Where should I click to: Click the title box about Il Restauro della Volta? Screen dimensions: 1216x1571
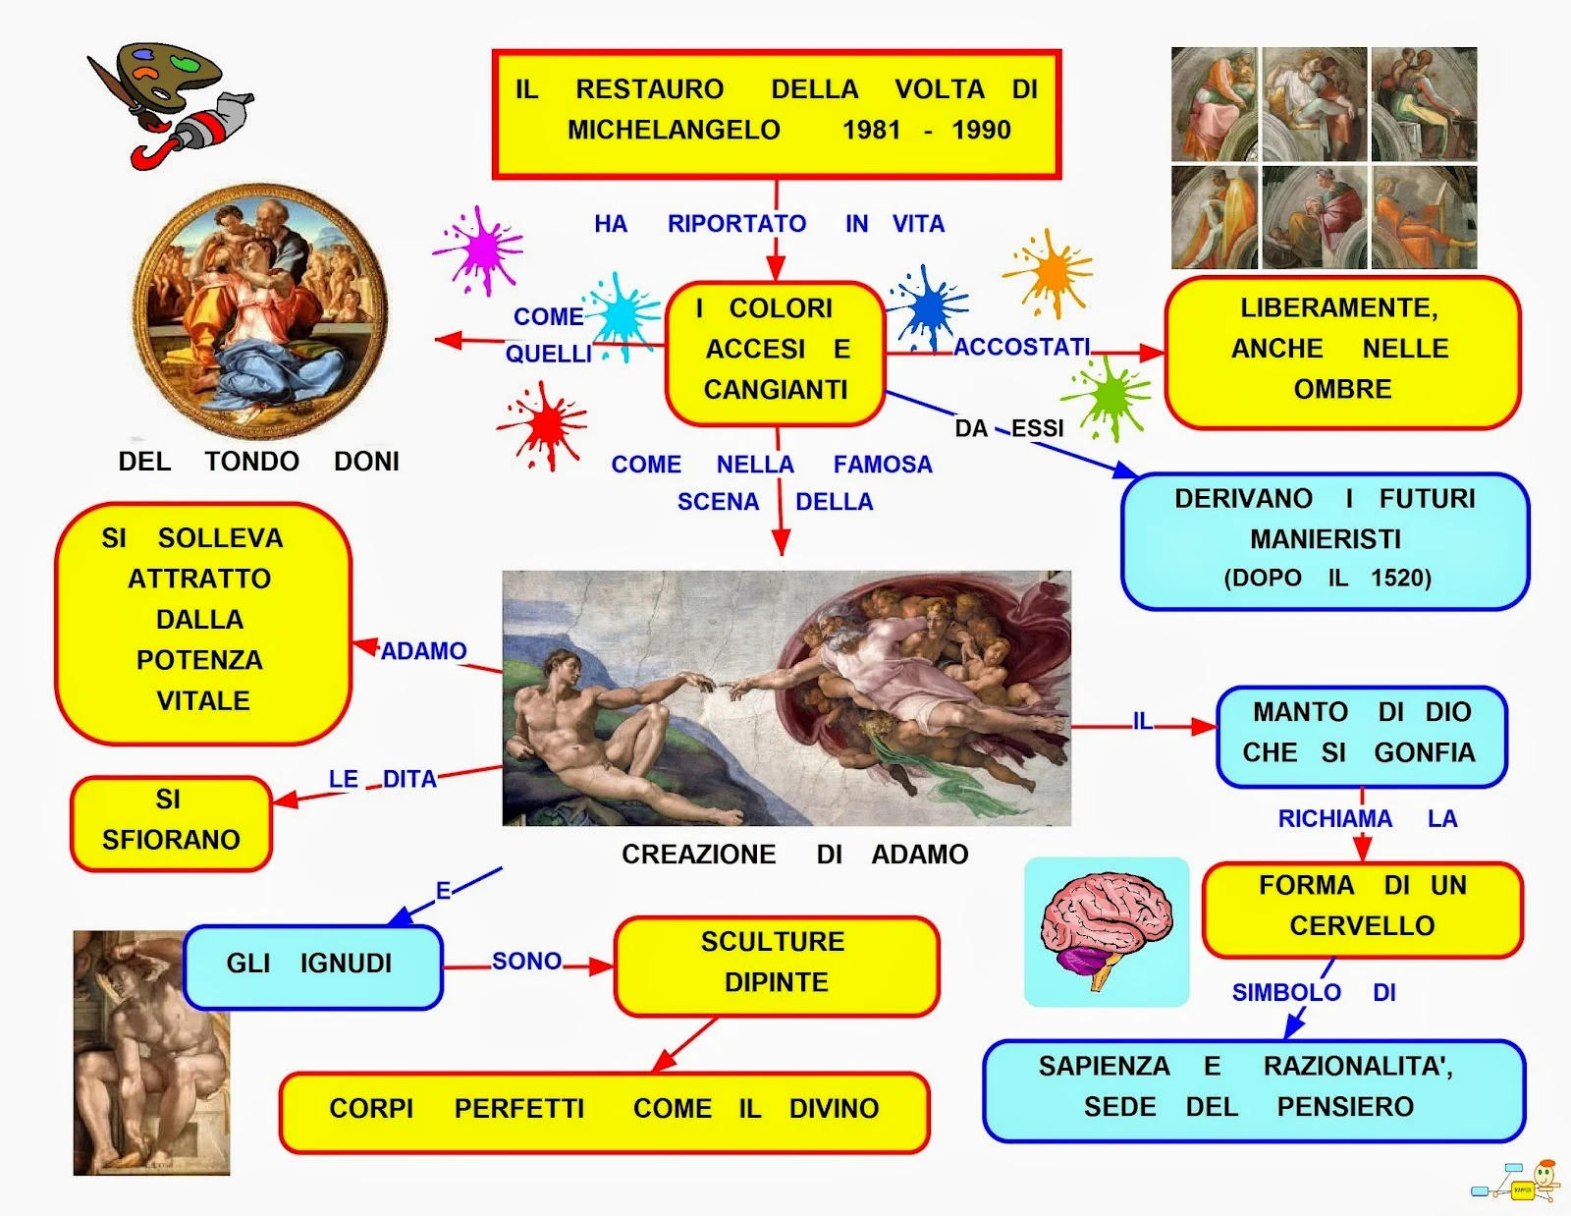776,114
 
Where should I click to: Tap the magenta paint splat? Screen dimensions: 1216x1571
479,249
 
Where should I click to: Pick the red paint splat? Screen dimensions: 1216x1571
544,424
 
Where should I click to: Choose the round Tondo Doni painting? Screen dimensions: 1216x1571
261,310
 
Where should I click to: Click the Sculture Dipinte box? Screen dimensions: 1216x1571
776,965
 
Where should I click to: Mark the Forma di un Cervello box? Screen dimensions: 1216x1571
1362,909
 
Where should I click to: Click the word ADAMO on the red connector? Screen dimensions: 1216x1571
423,651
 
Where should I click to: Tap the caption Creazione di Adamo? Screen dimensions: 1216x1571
794,855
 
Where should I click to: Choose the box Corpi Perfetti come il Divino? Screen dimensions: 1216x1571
604,1111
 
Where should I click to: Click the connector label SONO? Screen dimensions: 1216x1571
526,962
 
